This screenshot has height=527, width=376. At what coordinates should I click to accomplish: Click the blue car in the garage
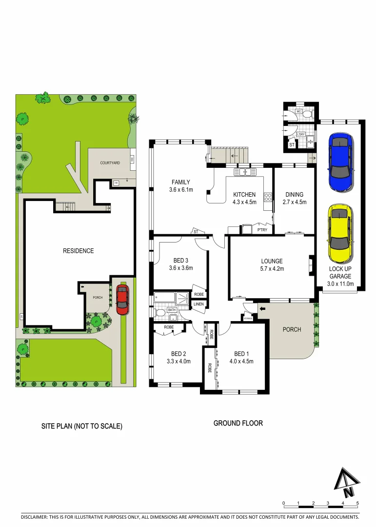pos(340,156)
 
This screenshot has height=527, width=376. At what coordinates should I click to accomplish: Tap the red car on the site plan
pos(122,300)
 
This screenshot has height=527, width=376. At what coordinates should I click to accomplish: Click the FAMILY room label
pos(180,182)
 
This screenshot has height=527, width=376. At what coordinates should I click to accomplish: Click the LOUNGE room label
pos(271,261)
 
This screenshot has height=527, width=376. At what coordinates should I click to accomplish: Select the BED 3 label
pos(181,260)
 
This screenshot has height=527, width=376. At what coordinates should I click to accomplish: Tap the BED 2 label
pos(179,354)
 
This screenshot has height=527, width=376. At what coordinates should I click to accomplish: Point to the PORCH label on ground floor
pos(292,329)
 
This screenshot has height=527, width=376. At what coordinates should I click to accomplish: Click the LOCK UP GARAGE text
pos(340,272)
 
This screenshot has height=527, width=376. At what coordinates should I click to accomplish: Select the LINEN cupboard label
pos(198,304)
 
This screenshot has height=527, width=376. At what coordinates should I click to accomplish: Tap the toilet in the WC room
pos(307,113)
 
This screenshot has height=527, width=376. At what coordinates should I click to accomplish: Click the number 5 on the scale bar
pos(358,503)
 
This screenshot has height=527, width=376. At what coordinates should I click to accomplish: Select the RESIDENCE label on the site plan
pos(78,251)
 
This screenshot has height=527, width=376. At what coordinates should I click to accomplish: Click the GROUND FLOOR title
pos(238,423)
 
